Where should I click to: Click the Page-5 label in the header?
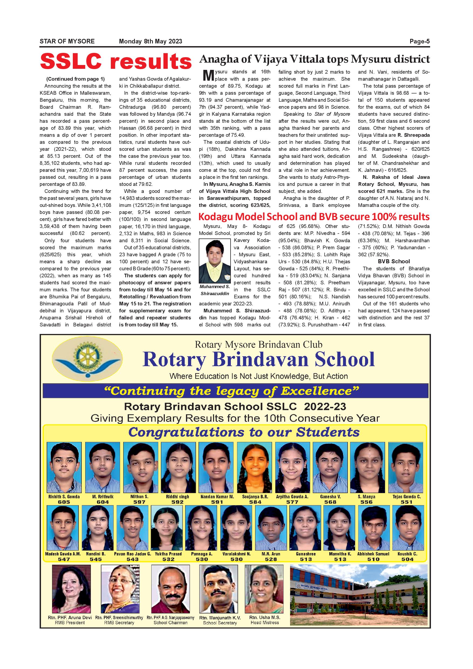[419, 41]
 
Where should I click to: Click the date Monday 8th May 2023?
[150, 41]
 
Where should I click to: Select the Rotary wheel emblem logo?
[87, 360]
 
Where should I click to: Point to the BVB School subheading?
[393, 261]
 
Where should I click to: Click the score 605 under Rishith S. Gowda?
[64, 502]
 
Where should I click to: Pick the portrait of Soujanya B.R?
[254, 467]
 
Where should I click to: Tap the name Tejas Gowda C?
[406, 497]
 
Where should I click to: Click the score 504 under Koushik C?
[407, 559]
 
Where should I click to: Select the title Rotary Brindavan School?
[258, 360]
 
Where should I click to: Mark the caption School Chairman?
[170, 623]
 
